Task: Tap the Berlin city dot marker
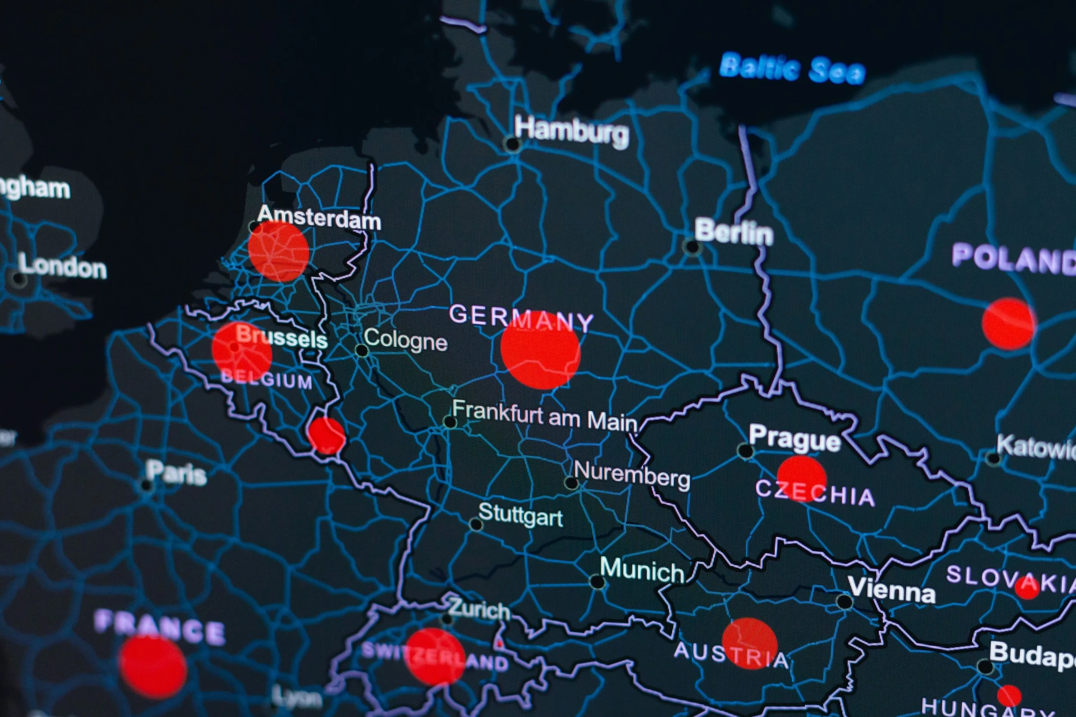pos(692,247)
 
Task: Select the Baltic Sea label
pos(793,69)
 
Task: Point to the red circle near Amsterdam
pos(278,251)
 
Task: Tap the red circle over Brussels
pos(242,352)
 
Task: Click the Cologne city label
pos(406,341)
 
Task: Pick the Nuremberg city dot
pos(572,483)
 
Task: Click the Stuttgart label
pos(521,515)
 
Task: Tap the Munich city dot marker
pos(597,582)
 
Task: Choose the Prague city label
pos(795,439)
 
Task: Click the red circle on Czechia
pos(801,478)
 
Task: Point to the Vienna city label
pos(892,590)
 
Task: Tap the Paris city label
pos(176,473)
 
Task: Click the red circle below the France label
pos(153,667)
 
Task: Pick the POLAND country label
pos(1013,259)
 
